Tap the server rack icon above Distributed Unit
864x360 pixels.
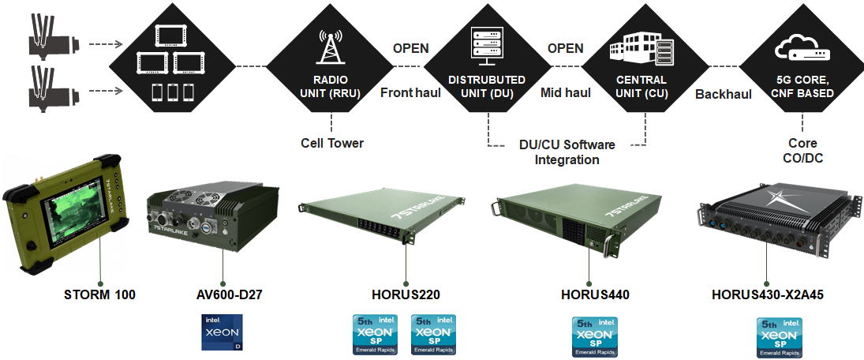(x=487, y=46)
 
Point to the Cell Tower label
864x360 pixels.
(x=332, y=144)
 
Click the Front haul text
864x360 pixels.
(x=410, y=92)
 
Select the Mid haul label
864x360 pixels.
(x=566, y=92)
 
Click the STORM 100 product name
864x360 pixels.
(x=99, y=294)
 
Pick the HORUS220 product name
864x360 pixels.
(x=405, y=294)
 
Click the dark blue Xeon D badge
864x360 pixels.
(x=223, y=332)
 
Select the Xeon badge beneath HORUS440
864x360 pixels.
(x=594, y=336)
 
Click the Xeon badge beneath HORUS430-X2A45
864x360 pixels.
(x=780, y=337)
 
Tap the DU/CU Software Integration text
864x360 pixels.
(x=567, y=152)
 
